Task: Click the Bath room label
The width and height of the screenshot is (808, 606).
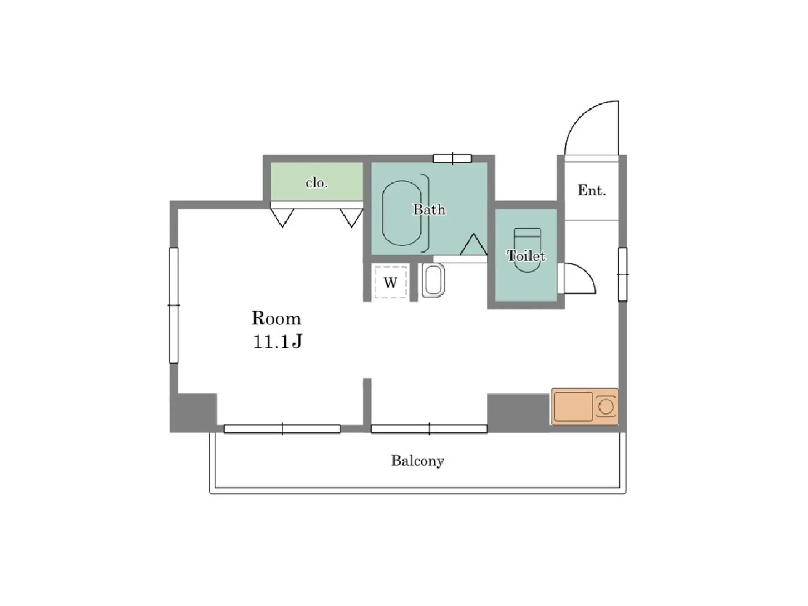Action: pos(429,209)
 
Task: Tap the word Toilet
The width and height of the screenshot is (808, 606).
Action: pos(526,256)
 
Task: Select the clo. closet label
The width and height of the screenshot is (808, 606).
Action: pos(316,182)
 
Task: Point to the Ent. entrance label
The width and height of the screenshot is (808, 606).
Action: pos(592,190)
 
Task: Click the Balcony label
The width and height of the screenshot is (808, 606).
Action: pos(417,461)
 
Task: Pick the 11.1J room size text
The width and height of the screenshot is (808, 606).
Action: pos(278,341)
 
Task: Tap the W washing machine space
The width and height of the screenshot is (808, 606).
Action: pos(391,282)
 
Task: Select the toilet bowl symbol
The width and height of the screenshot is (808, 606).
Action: pos(527,250)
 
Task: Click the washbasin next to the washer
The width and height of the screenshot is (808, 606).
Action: pos(433,280)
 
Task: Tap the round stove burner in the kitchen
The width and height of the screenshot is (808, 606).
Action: pos(606,407)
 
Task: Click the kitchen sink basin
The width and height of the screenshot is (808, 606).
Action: pos(573,406)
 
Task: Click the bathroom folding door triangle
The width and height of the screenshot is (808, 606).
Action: pos(473,245)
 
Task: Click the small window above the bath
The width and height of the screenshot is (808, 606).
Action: pos(452,158)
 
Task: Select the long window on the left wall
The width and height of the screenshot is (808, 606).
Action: pos(174,305)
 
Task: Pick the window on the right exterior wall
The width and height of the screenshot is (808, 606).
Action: pos(622,274)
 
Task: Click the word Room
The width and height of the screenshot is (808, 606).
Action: pos(276,319)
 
